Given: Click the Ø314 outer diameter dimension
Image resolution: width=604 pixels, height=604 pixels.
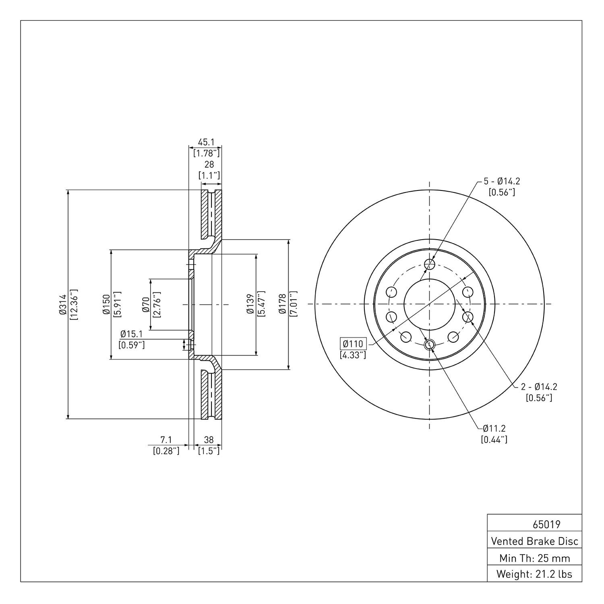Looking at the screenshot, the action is pos(62,304).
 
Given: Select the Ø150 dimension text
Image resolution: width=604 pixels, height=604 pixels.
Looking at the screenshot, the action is pos(105,304).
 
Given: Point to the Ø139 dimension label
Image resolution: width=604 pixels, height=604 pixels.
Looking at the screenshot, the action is pos(250,304).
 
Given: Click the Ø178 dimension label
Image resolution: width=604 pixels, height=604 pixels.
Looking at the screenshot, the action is pos(283,304).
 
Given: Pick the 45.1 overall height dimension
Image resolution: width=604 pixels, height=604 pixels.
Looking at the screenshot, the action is pos(206,142).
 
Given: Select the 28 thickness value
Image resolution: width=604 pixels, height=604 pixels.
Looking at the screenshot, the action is pos(209,165).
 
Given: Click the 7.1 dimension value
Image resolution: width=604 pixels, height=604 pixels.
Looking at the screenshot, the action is pos(166,440).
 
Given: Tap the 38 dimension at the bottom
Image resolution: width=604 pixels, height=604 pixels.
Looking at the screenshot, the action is pos(209,440).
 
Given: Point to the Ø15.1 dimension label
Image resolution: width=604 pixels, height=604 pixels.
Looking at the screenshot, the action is pos(131,334).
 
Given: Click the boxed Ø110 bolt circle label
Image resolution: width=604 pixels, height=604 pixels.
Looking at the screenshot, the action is pos(353,344).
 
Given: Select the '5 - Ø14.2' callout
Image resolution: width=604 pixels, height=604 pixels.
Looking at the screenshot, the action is pos(502,182).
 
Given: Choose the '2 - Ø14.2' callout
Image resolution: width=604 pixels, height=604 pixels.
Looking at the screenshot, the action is pos(539,387).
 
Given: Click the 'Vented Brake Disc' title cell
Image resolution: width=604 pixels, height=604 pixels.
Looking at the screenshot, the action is pos(535,541).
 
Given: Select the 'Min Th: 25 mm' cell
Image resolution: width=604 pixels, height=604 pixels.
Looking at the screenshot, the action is pos(535,558).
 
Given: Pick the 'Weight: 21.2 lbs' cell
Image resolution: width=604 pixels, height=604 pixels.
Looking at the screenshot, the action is pos(535,574).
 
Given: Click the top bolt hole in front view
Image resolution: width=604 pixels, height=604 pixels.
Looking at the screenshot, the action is pos(430,264).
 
